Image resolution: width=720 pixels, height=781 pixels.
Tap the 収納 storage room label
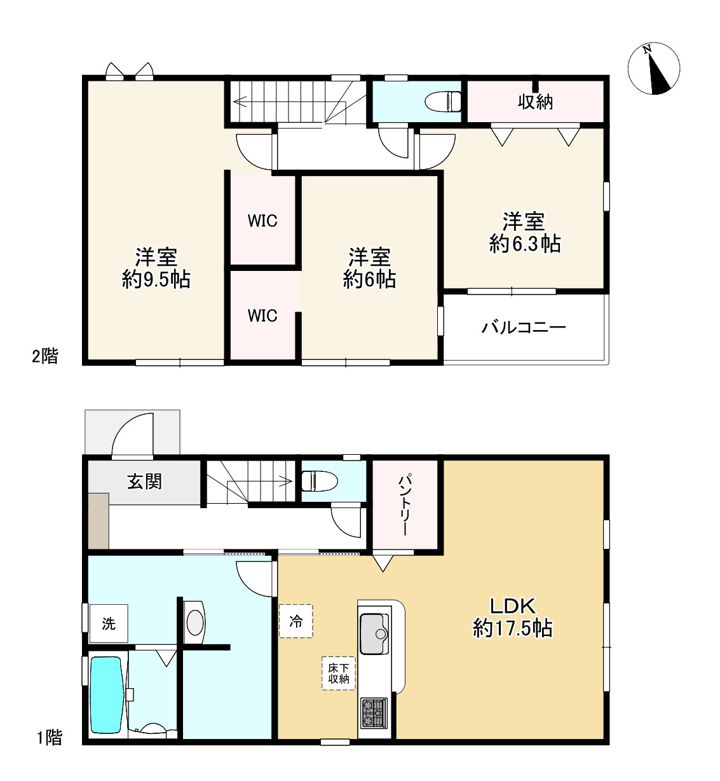tap(535, 102)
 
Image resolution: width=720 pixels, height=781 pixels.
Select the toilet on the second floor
tap(444, 102)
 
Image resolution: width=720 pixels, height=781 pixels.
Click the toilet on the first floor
tap(320, 481)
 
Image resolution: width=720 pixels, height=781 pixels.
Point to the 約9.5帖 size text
tap(156, 280)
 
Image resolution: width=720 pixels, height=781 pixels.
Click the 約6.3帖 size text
tap(525, 244)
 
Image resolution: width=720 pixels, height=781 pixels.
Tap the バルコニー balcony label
tap(524, 327)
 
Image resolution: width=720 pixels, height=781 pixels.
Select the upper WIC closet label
tap(262, 221)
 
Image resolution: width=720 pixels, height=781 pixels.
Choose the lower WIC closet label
tap(262, 315)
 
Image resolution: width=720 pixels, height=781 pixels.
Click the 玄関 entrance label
tap(144, 481)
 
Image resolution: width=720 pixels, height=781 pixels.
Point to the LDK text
tap(512, 606)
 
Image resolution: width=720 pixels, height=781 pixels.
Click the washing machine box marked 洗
tap(109, 623)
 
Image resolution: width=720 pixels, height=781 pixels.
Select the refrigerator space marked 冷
tap(296, 621)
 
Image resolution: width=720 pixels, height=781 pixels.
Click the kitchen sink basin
tap(374, 634)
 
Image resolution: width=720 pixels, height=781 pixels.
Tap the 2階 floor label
tap(45, 356)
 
